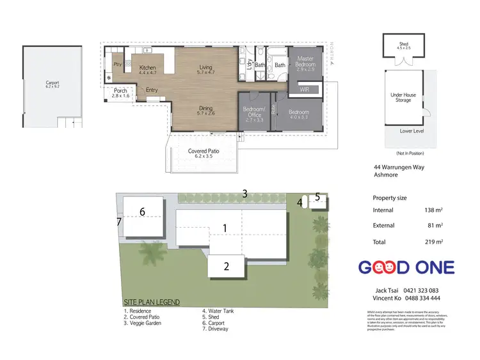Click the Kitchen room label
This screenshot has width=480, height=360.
pyautogui.click(x=148, y=67)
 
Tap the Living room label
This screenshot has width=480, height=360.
pyautogui.click(x=205, y=67)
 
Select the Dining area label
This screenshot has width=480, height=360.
pyautogui.click(x=205, y=109)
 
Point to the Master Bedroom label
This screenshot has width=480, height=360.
pyautogui.click(x=305, y=61)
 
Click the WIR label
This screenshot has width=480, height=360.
pyautogui.click(x=305, y=90)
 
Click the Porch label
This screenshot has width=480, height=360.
pyautogui.click(x=120, y=90)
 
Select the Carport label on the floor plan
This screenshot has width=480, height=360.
pyautogui.click(x=52, y=82)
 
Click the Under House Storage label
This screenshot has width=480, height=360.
pyautogui.click(x=403, y=97)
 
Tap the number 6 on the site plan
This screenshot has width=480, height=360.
pyautogui.click(x=143, y=211)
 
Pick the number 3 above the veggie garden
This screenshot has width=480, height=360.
pyautogui.click(x=244, y=193)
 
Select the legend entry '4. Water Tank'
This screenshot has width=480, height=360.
pyautogui.click(x=218, y=311)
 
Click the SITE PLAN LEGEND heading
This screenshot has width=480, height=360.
pyautogui.click(x=151, y=302)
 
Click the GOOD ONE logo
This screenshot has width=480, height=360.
pyautogui.click(x=405, y=267)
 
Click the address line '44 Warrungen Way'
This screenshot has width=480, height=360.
pyautogui.click(x=398, y=168)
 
